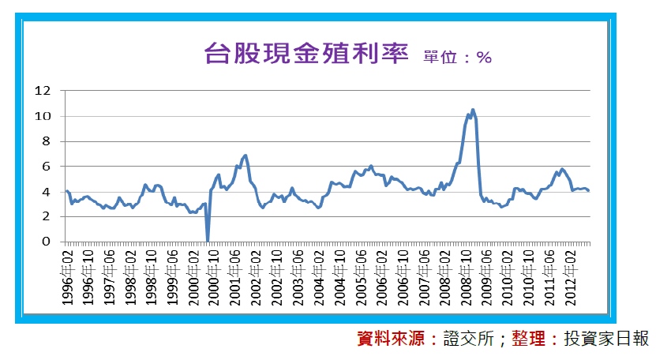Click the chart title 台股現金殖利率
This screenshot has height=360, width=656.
[x=306, y=54]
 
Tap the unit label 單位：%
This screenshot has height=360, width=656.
[x=457, y=57]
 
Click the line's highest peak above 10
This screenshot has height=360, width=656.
[x=473, y=110]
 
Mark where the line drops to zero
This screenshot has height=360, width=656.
[x=208, y=240]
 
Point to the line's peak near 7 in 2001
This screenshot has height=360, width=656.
[x=246, y=156]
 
